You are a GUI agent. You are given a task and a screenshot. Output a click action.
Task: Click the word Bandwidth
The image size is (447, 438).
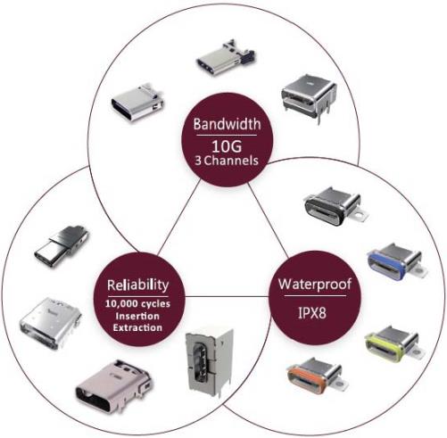(227, 124)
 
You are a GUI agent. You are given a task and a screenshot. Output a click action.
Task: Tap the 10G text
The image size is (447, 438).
(227, 146)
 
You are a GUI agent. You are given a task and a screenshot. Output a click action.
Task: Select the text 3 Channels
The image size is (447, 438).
(227, 161)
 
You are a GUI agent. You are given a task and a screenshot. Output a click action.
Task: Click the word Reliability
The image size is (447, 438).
(138, 285)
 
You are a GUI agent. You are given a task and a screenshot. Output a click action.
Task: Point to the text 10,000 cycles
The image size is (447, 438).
(137, 304)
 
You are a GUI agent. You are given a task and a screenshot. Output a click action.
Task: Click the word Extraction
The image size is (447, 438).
(137, 327)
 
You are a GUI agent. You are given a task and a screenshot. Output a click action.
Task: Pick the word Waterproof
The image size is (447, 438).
(315, 285)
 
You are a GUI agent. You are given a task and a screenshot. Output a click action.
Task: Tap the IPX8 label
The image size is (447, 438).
(312, 313)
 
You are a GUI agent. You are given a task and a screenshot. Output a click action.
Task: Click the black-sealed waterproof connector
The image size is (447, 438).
(335, 204)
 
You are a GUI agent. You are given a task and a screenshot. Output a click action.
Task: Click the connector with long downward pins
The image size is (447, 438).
(309, 97)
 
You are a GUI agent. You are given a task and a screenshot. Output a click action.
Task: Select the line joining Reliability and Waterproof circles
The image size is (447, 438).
(227, 297)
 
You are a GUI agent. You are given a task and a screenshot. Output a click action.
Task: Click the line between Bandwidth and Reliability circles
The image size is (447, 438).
(179, 218)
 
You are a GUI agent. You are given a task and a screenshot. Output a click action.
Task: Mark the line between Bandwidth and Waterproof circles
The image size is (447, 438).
(268, 220)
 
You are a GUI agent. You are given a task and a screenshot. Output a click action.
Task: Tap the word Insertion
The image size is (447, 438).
(137, 316)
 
